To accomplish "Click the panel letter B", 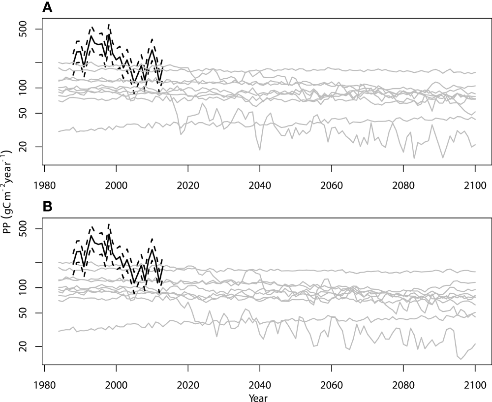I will click(x=47, y=207).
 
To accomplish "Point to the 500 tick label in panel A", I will click(x=31, y=29).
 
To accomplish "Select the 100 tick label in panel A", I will click(x=31, y=88).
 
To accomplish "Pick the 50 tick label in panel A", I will click(x=31, y=114).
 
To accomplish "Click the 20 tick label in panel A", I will click(x=31, y=147).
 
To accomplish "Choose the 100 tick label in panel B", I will click(x=31, y=288).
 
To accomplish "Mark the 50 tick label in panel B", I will click(x=31, y=313).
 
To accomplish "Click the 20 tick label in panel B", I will click(x=31, y=347).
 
